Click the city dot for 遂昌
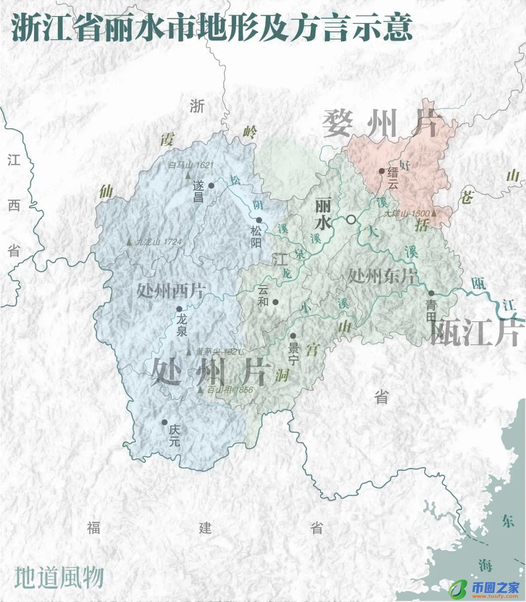[x=211, y=185]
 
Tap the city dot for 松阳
[x=259, y=220]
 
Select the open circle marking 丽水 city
[x=351, y=220]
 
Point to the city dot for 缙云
[x=381, y=171]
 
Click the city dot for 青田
[x=431, y=293]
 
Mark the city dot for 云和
[x=275, y=302]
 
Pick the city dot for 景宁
[x=293, y=336]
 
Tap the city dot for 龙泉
[x=179, y=309]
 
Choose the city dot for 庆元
[x=165, y=422]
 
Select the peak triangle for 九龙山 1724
[x=129, y=241]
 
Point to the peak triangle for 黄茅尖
[x=189, y=351]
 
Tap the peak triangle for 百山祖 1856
[x=200, y=390]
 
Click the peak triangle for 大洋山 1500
[x=433, y=213]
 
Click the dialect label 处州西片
[x=170, y=291]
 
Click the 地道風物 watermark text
[x=59, y=577]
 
